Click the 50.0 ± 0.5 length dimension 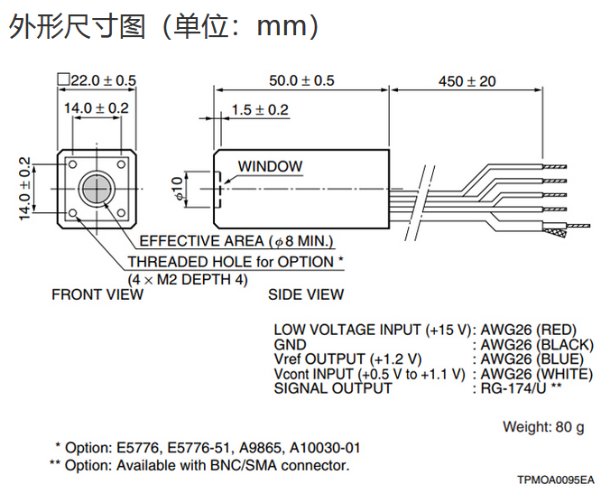301,80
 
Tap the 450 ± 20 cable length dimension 467,80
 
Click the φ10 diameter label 177,188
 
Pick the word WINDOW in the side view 270,166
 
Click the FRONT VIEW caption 97,294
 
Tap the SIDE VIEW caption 306,294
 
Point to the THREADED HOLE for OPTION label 236,262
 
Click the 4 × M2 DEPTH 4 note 188,279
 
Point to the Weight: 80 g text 543,425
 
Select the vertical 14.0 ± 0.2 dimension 24,189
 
